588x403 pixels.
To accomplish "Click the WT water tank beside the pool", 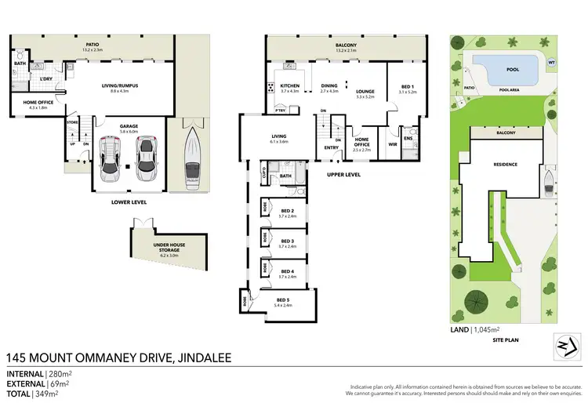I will click(552, 62).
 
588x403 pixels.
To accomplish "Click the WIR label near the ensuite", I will click(393, 143).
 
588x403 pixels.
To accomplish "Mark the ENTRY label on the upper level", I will click(332, 147).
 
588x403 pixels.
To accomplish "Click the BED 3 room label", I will click(286, 241).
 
